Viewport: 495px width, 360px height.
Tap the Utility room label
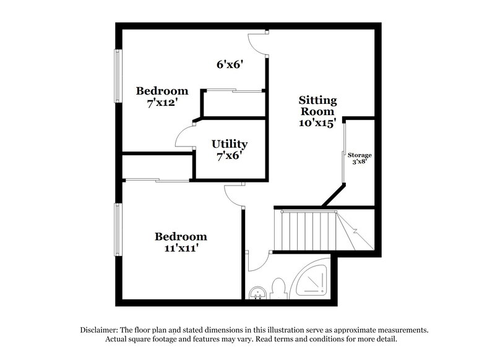pyautogui.click(x=230, y=144)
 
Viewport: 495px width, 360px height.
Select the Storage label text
pyautogui.click(x=359, y=155)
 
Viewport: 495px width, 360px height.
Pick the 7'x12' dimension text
pyautogui.click(x=161, y=103)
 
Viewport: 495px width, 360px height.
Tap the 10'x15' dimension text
pyautogui.click(x=317, y=123)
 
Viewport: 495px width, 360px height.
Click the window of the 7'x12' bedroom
pyautogui.click(x=116, y=75)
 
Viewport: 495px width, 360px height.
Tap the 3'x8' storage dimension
pyautogui.click(x=359, y=162)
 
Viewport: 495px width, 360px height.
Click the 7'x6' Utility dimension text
pyautogui.click(x=230, y=156)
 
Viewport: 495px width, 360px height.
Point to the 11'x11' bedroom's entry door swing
pyautogui.click(x=233, y=197)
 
